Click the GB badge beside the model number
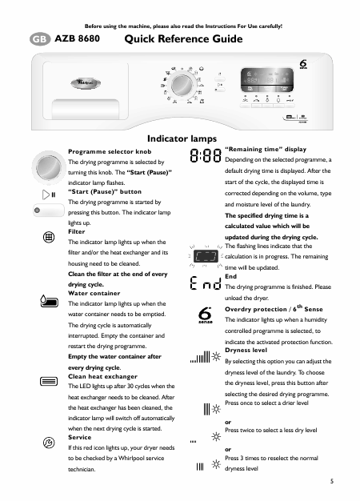(40, 39)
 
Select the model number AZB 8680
(77, 38)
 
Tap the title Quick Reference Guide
(183, 39)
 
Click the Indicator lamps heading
(182, 138)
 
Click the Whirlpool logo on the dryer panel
(86, 83)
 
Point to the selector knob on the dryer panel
(182, 85)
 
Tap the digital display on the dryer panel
(267, 80)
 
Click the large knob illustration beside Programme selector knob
(49, 167)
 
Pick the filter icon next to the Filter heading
(49, 238)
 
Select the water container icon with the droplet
(49, 301)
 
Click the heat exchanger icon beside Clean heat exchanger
(49, 381)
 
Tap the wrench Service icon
(49, 443)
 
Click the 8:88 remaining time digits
(206, 156)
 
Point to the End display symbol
(205, 283)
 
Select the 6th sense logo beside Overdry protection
(205, 315)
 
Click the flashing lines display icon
(206, 256)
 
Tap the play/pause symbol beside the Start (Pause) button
(49, 194)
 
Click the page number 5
(332, 481)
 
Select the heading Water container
(94, 293)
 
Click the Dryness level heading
(246, 351)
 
